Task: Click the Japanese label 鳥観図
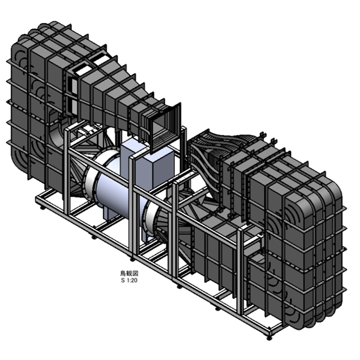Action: [x=129, y=273]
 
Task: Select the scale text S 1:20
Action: [x=129, y=280]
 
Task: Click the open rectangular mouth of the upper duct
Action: [x=165, y=128]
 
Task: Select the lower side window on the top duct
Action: [x=75, y=107]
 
